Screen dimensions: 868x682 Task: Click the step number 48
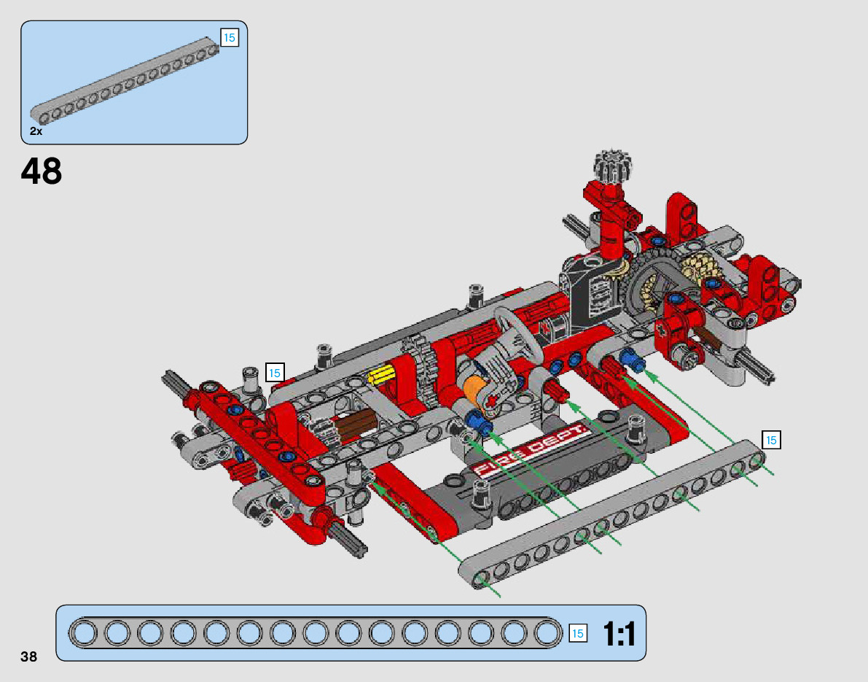[x=42, y=171]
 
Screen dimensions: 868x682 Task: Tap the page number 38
[x=28, y=656]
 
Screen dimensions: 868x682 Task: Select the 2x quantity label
[x=36, y=131]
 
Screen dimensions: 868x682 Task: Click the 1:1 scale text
[x=619, y=634]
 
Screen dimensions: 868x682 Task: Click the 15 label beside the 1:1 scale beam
[x=577, y=633]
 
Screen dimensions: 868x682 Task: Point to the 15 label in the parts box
[x=229, y=38]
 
